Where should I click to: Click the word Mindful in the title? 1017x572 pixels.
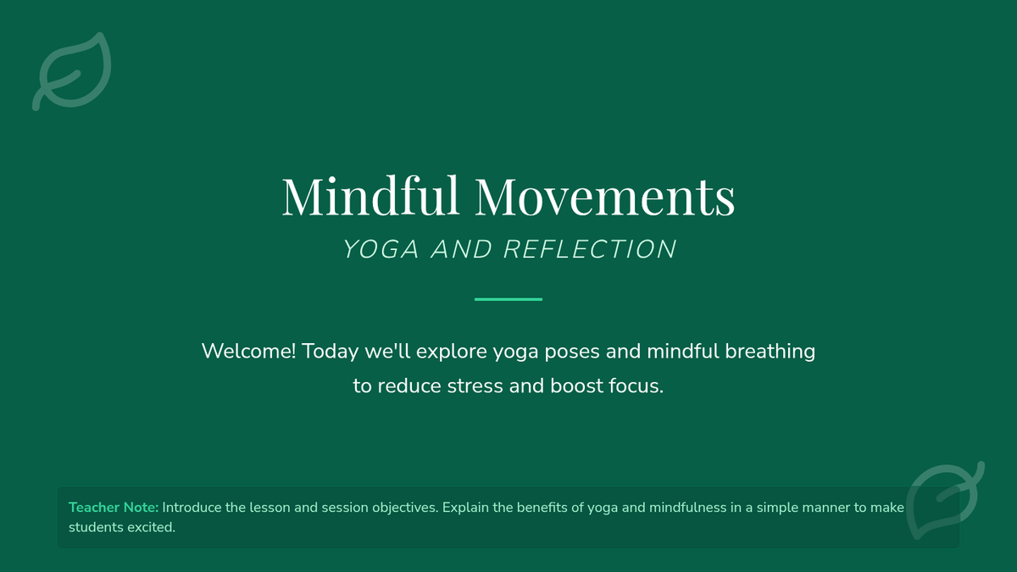(x=370, y=196)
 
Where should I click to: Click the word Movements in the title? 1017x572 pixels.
(x=605, y=197)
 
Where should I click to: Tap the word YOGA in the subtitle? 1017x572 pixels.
(x=381, y=249)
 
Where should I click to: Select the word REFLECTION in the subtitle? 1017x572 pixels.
(x=590, y=249)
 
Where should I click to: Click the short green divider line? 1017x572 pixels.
(x=508, y=299)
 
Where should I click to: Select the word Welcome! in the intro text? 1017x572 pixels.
(x=249, y=351)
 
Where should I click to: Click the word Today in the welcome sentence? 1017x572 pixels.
(x=330, y=352)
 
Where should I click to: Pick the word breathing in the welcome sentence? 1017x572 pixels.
(x=770, y=352)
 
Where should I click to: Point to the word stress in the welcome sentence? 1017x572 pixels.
(x=475, y=386)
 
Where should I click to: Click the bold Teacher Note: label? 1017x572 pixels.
(x=114, y=507)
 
